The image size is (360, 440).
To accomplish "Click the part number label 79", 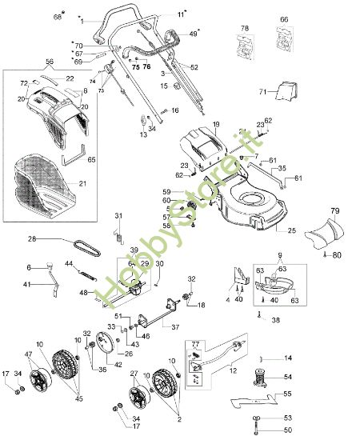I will click(335, 212).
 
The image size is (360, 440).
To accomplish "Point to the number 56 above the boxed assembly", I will click(49, 62).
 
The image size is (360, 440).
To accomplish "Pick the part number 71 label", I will click(262, 93).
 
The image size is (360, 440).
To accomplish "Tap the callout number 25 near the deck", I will click(290, 230).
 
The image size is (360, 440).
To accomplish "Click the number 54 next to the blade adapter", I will click(288, 377).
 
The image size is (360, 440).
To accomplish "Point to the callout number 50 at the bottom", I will click(288, 430).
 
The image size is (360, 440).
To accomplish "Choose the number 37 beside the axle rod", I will click(175, 327).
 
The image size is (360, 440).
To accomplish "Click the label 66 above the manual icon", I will click(283, 18).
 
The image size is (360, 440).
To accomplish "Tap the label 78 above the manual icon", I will click(244, 29).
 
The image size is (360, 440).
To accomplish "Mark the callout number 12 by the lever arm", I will click(233, 370).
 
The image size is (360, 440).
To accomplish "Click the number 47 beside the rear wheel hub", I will click(29, 354).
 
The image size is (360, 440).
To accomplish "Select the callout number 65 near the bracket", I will click(91, 160).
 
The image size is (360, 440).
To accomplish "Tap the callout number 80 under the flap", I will click(336, 256).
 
